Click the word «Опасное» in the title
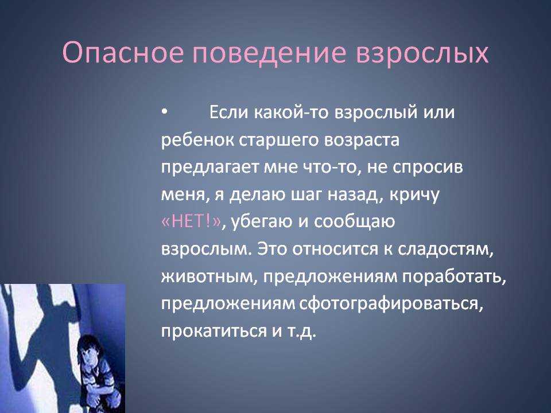123,53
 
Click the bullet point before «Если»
164,112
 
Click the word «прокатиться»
214,332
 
